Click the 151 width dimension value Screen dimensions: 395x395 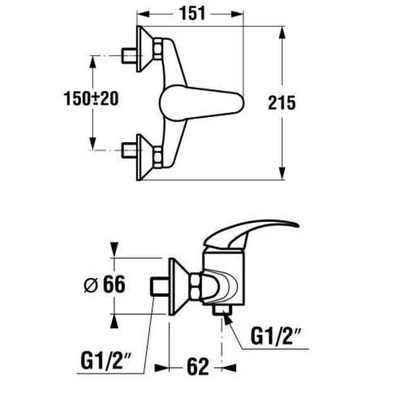pos(192,13)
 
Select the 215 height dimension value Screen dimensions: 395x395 pos(281,103)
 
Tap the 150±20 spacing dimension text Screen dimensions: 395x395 pos(91,98)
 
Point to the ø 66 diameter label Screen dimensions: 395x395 pos(104,284)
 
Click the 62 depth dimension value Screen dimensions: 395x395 pos(198,367)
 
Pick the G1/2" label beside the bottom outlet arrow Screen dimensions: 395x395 pos(276,336)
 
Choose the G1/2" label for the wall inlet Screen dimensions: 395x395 pos(106,361)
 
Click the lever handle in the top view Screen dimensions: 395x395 pos(202,103)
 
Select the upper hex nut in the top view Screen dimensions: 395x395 pos(158,49)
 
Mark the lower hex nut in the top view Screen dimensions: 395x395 pos(158,157)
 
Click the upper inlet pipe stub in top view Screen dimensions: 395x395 pos(129,56)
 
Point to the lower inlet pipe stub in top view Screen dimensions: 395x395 pos(129,150)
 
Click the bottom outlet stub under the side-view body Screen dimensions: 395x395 pos(222,310)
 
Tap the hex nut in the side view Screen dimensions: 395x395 pos(195,287)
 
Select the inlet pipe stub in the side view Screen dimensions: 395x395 pos(160,286)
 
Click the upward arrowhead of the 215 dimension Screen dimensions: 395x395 pos(282,33)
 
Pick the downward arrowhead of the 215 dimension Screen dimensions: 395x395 pos(282,173)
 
